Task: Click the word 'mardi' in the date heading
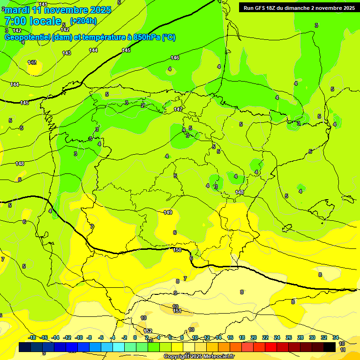(x=17, y=10)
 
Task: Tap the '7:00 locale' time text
(x=33, y=21)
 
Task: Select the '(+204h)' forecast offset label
(x=83, y=21)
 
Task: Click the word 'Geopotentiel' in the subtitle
(x=27, y=37)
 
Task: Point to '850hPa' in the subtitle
(x=146, y=37)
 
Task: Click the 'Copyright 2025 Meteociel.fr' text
(x=199, y=357)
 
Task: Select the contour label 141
(x=43, y=4)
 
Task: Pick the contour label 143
(x=67, y=53)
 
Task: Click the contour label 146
(x=175, y=58)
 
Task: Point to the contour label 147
(x=178, y=109)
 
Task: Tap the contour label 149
(x=168, y=212)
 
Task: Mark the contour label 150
(x=177, y=250)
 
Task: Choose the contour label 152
(x=148, y=331)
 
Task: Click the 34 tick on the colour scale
(x=336, y=337)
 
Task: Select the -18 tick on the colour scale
(x=32, y=337)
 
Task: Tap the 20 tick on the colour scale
(x=254, y=337)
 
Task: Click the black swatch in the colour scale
(x=330, y=347)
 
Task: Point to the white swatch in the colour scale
(x=189, y=347)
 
